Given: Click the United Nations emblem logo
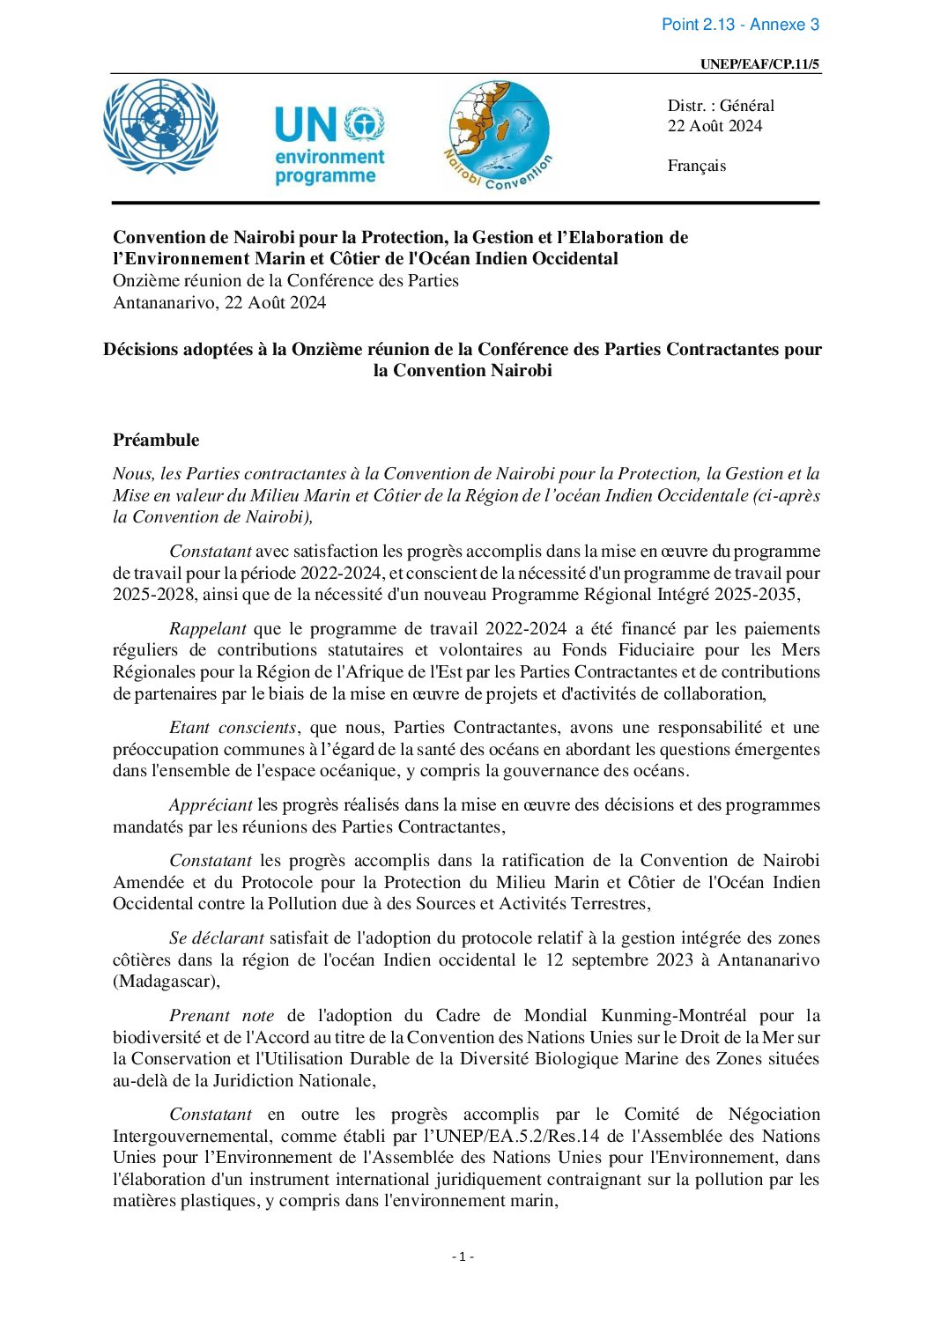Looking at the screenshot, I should [160, 128].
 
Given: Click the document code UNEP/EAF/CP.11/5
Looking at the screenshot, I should [760, 64].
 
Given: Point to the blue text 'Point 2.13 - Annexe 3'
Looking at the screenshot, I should [740, 25].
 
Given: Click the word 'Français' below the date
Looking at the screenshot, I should [696, 166].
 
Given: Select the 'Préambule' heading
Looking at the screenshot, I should [156, 440].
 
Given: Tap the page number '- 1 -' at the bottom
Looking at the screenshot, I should [463, 1256].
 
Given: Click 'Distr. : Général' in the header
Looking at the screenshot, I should [721, 106].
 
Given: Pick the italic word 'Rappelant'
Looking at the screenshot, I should [208, 628].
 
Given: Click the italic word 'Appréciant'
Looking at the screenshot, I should [211, 804].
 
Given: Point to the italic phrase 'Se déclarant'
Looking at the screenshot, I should [216, 937].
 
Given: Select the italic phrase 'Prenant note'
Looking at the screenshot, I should [221, 1015].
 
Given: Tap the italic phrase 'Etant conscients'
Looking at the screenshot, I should [233, 727].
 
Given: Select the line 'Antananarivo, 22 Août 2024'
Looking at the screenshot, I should [219, 302].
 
